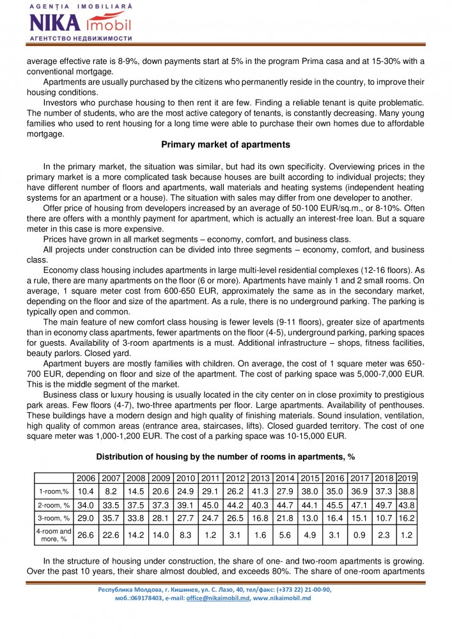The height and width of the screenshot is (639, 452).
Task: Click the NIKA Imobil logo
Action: (80, 23)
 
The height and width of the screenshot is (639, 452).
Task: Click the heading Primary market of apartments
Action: (226, 144)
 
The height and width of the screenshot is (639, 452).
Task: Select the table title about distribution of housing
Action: (226, 457)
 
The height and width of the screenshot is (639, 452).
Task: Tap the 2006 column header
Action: (86, 479)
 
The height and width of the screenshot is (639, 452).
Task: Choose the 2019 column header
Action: (407, 479)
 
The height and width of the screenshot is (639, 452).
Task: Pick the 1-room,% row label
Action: (54, 491)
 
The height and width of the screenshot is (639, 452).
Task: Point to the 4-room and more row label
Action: (54, 535)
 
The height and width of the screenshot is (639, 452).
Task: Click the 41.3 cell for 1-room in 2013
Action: (260, 491)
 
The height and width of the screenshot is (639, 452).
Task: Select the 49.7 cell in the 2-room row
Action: (384, 505)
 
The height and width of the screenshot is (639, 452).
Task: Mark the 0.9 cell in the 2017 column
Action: (360, 535)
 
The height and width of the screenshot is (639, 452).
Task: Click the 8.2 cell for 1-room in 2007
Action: (111, 491)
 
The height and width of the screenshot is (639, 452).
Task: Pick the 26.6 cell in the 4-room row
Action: (86, 535)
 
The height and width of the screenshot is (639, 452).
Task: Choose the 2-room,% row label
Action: (54, 505)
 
